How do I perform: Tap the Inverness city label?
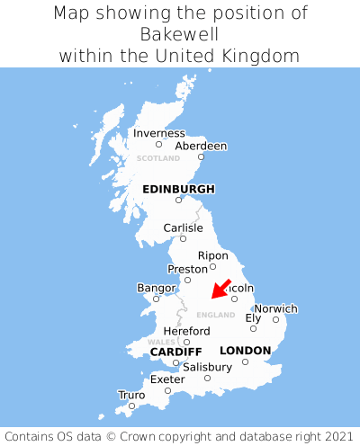pos(158,133)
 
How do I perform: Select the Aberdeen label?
pos(201,146)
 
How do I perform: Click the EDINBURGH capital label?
pos(178,189)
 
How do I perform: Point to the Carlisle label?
pos(183,227)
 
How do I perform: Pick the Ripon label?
pos(213,255)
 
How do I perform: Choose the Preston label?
pos(187,269)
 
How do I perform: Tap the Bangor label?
pos(156,288)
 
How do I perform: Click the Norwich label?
pos(275,308)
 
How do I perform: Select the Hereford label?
pos(186,331)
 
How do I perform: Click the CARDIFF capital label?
pos(175,351)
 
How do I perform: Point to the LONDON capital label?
pos(245,350)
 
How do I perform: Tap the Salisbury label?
pos(207,367)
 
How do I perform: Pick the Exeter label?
pos(167,379)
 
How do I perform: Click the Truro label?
pos(131,395)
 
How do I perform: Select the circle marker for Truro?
pos(131,406)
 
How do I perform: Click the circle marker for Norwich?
pos(276,319)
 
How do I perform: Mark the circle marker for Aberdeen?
pos(201,156)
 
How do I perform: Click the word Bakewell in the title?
pos(180,34)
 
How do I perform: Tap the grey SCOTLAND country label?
pos(158,158)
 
